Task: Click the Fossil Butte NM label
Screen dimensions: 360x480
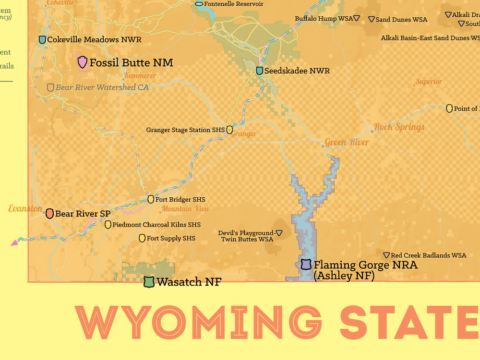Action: (x=131, y=62)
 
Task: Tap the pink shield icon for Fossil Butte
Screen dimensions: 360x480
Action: (x=83, y=61)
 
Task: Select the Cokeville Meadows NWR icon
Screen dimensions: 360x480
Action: (x=42, y=40)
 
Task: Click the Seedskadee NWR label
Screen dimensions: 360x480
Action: (x=297, y=71)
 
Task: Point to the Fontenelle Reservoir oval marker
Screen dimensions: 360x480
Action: (x=199, y=4)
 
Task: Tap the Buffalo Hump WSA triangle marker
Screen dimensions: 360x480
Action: (x=357, y=19)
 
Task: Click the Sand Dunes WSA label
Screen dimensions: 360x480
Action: (x=401, y=20)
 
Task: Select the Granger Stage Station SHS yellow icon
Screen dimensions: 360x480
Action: (x=229, y=130)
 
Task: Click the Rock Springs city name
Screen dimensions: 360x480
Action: (x=399, y=127)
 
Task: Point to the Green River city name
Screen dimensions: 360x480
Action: (x=347, y=143)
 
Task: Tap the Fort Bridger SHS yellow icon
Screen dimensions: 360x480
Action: (x=151, y=199)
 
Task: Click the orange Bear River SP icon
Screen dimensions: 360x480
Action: (x=49, y=214)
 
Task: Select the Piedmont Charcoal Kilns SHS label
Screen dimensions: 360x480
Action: (x=156, y=225)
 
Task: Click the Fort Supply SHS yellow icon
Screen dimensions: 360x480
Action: (x=142, y=238)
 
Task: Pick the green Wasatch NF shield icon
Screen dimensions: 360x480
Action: (x=149, y=282)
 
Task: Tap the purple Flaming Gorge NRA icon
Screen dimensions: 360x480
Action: (x=306, y=264)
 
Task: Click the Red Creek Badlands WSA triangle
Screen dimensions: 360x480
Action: (x=386, y=255)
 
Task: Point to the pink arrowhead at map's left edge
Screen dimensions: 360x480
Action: (x=14, y=243)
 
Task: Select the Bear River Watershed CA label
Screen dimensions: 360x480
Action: (x=102, y=87)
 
